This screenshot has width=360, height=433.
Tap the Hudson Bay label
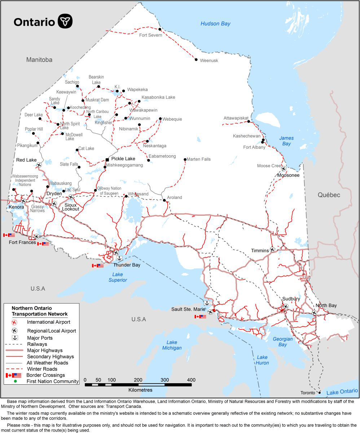pos(215,24)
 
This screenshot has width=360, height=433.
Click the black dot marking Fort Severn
pos(160,29)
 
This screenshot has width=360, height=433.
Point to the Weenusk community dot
pos(196,60)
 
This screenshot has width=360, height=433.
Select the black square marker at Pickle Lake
pos(107,159)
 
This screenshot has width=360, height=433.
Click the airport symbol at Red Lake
pos(39,165)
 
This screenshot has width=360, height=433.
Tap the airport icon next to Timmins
pos(272,249)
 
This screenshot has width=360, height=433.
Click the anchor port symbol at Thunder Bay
pos(119,258)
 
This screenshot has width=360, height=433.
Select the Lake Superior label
pos(118,277)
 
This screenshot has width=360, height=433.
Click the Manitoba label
pos(39,60)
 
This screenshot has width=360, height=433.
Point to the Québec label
pos(329,195)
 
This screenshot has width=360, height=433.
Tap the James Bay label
pos(286,141)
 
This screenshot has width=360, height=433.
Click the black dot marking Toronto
pos(319,393)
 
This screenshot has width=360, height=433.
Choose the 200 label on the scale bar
pos(138,380)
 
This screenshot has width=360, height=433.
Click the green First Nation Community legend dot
pos(15,381)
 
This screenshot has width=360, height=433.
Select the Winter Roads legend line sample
pos(14,369)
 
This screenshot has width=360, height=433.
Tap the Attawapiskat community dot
pos(249,122)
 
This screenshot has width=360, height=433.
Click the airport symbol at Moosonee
pos(283,169)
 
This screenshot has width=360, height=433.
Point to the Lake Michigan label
pos(172,345)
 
